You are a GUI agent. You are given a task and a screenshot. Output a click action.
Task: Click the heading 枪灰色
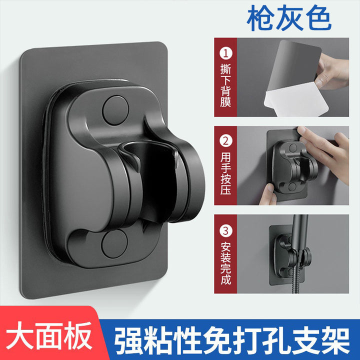point(289,18)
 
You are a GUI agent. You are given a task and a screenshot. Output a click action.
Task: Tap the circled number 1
point(226,53)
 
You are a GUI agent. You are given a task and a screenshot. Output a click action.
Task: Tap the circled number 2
point(226,140)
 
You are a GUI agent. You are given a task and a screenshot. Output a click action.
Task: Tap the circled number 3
point(226,230)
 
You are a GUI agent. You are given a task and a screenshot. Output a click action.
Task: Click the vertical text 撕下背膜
point(225,85)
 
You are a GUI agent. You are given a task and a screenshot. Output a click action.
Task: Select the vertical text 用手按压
point(225,173)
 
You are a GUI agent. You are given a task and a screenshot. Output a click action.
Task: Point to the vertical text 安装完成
point(225,263)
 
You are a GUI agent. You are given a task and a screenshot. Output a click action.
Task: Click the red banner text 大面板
point(49,336)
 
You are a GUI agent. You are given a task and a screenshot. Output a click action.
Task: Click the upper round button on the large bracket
point(115,110)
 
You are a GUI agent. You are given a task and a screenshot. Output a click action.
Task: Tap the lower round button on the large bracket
point(114,244)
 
